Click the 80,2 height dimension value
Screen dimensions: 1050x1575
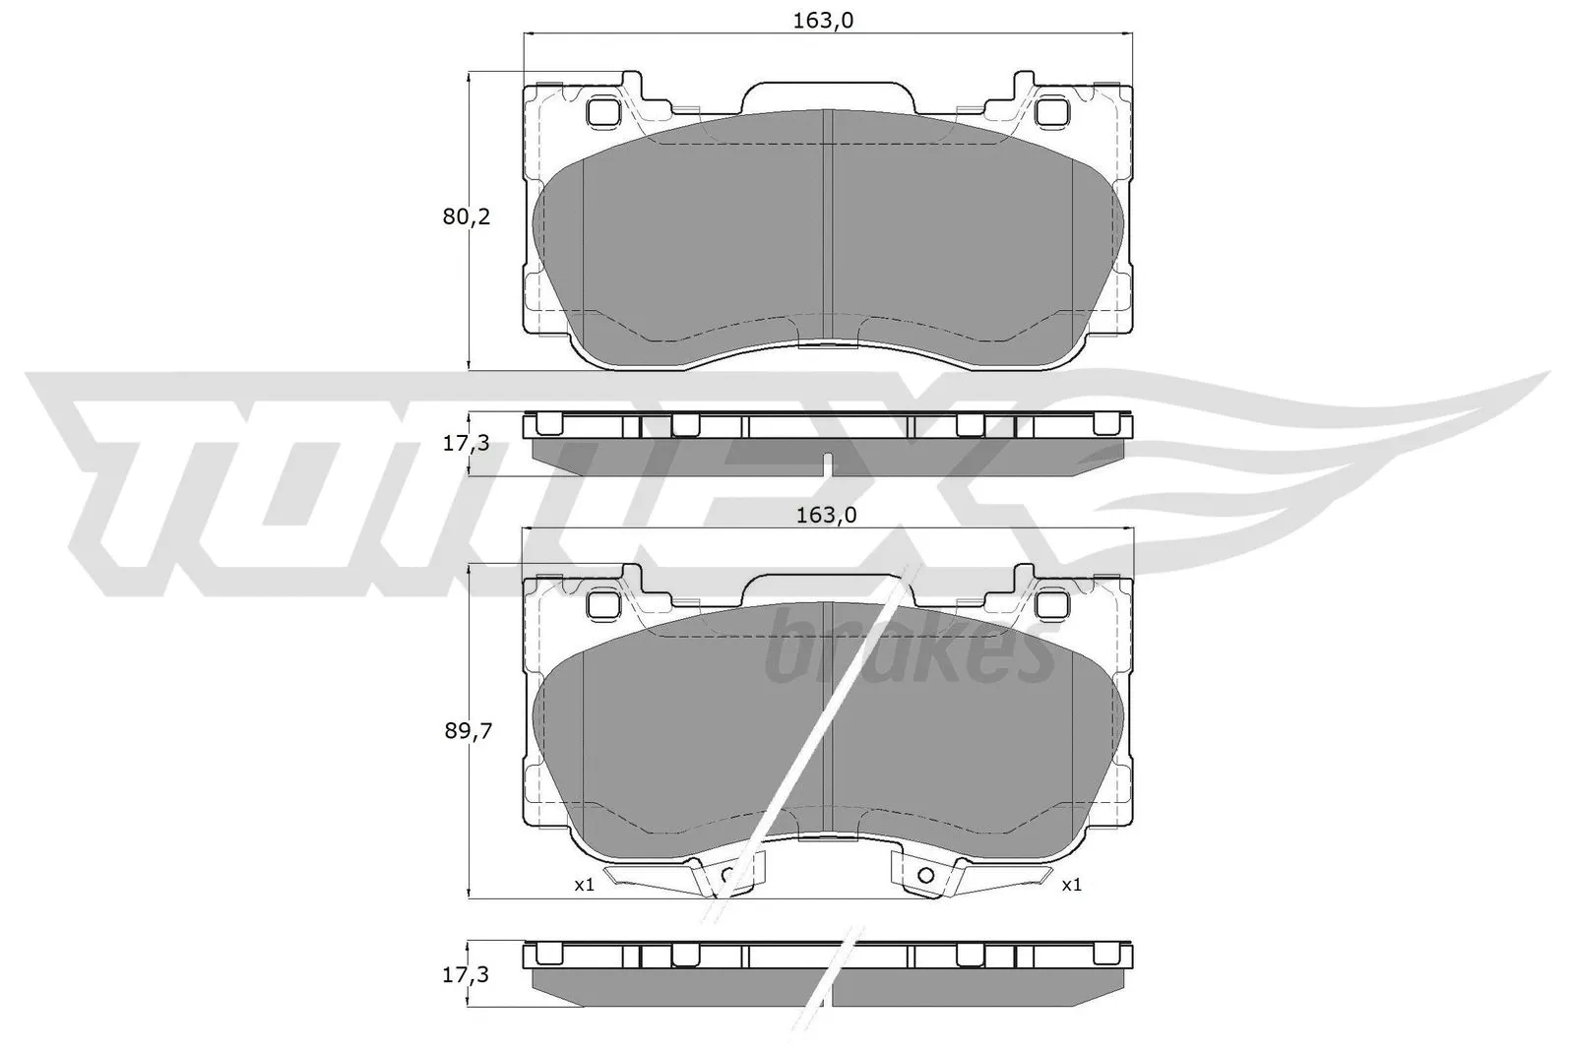click(466, 217)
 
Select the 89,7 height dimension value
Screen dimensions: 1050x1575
click(466, 730)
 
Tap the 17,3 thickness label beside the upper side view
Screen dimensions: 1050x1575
click(466, 444)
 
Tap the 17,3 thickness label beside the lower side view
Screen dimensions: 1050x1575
click(466, 976)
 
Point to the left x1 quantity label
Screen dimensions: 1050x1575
click(585, 885)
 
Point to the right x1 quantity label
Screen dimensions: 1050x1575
click(1072, 885)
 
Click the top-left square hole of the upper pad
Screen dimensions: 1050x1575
click(601, 111)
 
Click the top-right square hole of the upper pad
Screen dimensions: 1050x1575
click(1053, 111)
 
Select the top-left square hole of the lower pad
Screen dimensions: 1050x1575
click(601, 603)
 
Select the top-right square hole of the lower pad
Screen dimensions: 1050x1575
click(1053, 603)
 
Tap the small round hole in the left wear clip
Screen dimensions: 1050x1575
click(728, 875)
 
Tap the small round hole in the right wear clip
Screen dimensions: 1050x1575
click(925, 875)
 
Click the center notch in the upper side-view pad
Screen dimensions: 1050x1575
click(828, 463)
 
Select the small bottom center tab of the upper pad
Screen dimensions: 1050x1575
click(828, 344)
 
